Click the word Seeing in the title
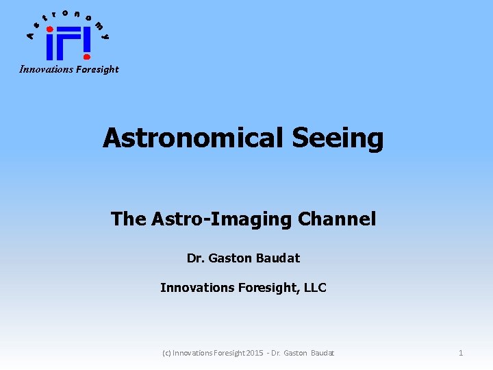[x=338, y=139]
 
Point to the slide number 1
[x=461, y=353]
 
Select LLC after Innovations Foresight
[x=314, y=288]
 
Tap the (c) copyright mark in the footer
[x=166, y=353]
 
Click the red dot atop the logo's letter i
[x=49, y=29]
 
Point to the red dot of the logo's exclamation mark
[x=86, y=57]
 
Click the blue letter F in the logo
[x=67, y=45]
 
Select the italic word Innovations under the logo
[x=45, y=69]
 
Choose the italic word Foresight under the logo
[x=96, y=69]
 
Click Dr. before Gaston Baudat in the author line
[x=196, y=258]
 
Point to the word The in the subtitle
[x=128, y=219]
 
